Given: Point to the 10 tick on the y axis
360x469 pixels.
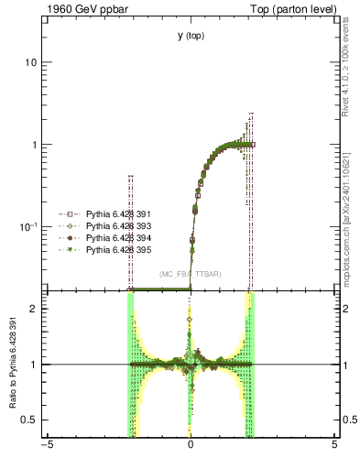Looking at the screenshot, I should (x=30, y=62).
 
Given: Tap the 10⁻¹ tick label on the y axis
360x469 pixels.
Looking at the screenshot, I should (x=27, y=226).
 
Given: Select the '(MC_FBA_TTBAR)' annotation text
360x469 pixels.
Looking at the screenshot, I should (x=191, y=274).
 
